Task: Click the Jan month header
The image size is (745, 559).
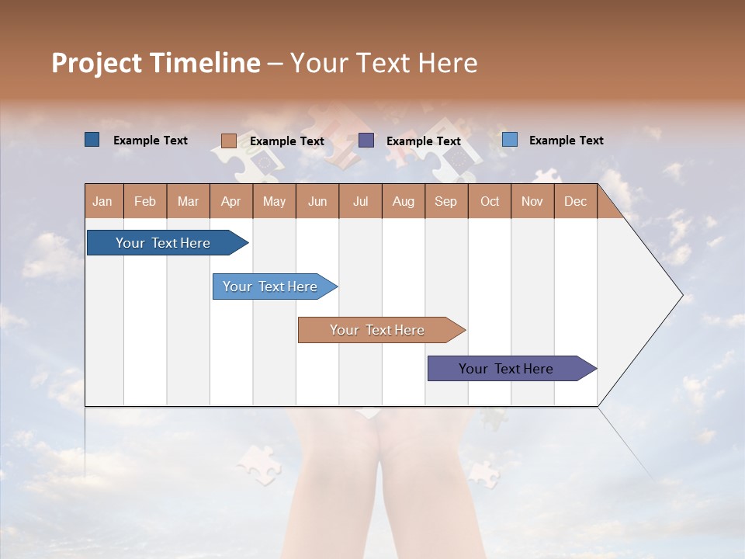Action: [x=102, y=201]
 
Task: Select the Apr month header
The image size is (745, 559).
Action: [x=230, y=201]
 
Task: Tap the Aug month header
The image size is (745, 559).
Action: [x=403, y=201]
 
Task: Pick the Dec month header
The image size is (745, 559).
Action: [x=575, y=201]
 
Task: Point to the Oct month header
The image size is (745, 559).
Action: [x=489, y=201]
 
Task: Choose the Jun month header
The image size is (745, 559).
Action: [x=317, y=201]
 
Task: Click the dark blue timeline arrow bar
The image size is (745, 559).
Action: [x=163, y=243]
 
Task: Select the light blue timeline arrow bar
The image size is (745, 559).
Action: [x=270, y=286]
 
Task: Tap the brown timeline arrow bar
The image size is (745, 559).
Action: [x=377, y=330]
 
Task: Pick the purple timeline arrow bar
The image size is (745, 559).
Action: [x=506, y=369]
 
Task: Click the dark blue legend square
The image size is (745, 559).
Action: [x=92, y=140]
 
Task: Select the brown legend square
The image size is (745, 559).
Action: [x=228, y=141]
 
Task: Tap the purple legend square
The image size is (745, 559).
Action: [x=366, y=141]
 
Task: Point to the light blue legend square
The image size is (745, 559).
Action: [x=509, y=140]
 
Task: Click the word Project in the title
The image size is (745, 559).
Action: [x=96, y=63]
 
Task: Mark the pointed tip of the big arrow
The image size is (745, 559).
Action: [x=681, y=295]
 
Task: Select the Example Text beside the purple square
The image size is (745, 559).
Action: [x=423, y=141]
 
